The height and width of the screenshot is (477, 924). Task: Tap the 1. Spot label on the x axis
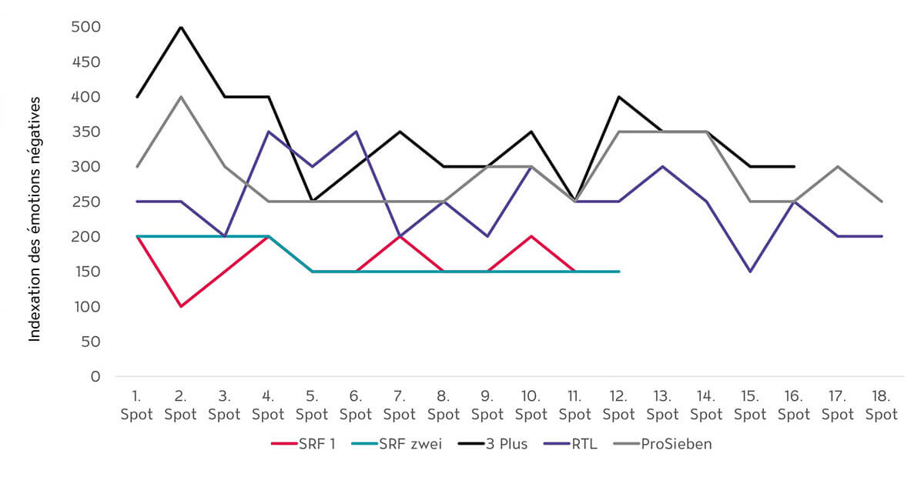pyautogui.click(x=136, y=405)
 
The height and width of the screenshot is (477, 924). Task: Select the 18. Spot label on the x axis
pyautogui.click(x=882, y=405)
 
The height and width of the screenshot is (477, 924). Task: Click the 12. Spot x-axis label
pyautogui.click(x=618, y=405)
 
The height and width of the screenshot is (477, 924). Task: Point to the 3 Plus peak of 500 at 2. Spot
pyautogui.click(x=180, y=28)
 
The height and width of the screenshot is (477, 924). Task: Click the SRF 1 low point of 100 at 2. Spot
pyautogui.click(x=180, y=306)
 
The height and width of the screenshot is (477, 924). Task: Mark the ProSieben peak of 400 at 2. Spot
pyautogui.click(x=180, y=97)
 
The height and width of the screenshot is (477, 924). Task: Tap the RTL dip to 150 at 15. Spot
pyautogui.click(x=750, y=272)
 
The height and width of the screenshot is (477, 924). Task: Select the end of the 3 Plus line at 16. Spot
pyautogui.click(x=794, y=167)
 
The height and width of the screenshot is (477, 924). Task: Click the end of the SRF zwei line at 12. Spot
pyautogui.click(x=618, y=272)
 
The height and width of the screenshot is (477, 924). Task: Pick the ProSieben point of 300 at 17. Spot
pyautogui.click(x=838, y=167)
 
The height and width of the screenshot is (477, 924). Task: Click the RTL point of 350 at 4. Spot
pyautogui.click(x=268, y=132)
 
